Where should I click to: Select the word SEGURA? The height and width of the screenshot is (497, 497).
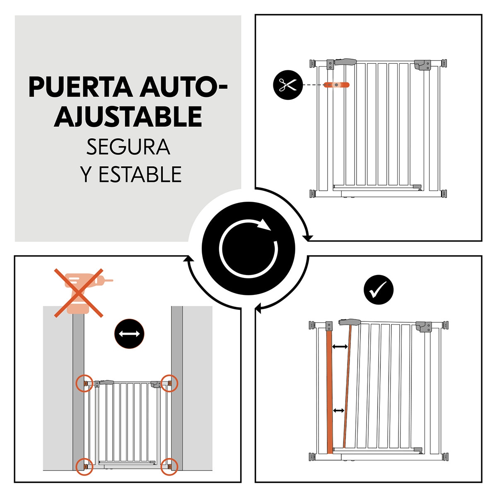[128, 147]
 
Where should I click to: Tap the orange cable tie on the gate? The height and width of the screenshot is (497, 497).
[337, 85]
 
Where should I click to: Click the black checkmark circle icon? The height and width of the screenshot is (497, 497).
[378, 290]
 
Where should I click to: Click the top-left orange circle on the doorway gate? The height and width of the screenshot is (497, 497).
[84, 384]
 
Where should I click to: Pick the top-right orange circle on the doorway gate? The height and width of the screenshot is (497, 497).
[169, 383]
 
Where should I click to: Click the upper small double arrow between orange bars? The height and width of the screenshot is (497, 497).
[340, 347]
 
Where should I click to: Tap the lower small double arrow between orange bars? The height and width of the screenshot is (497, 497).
[339, 410]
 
